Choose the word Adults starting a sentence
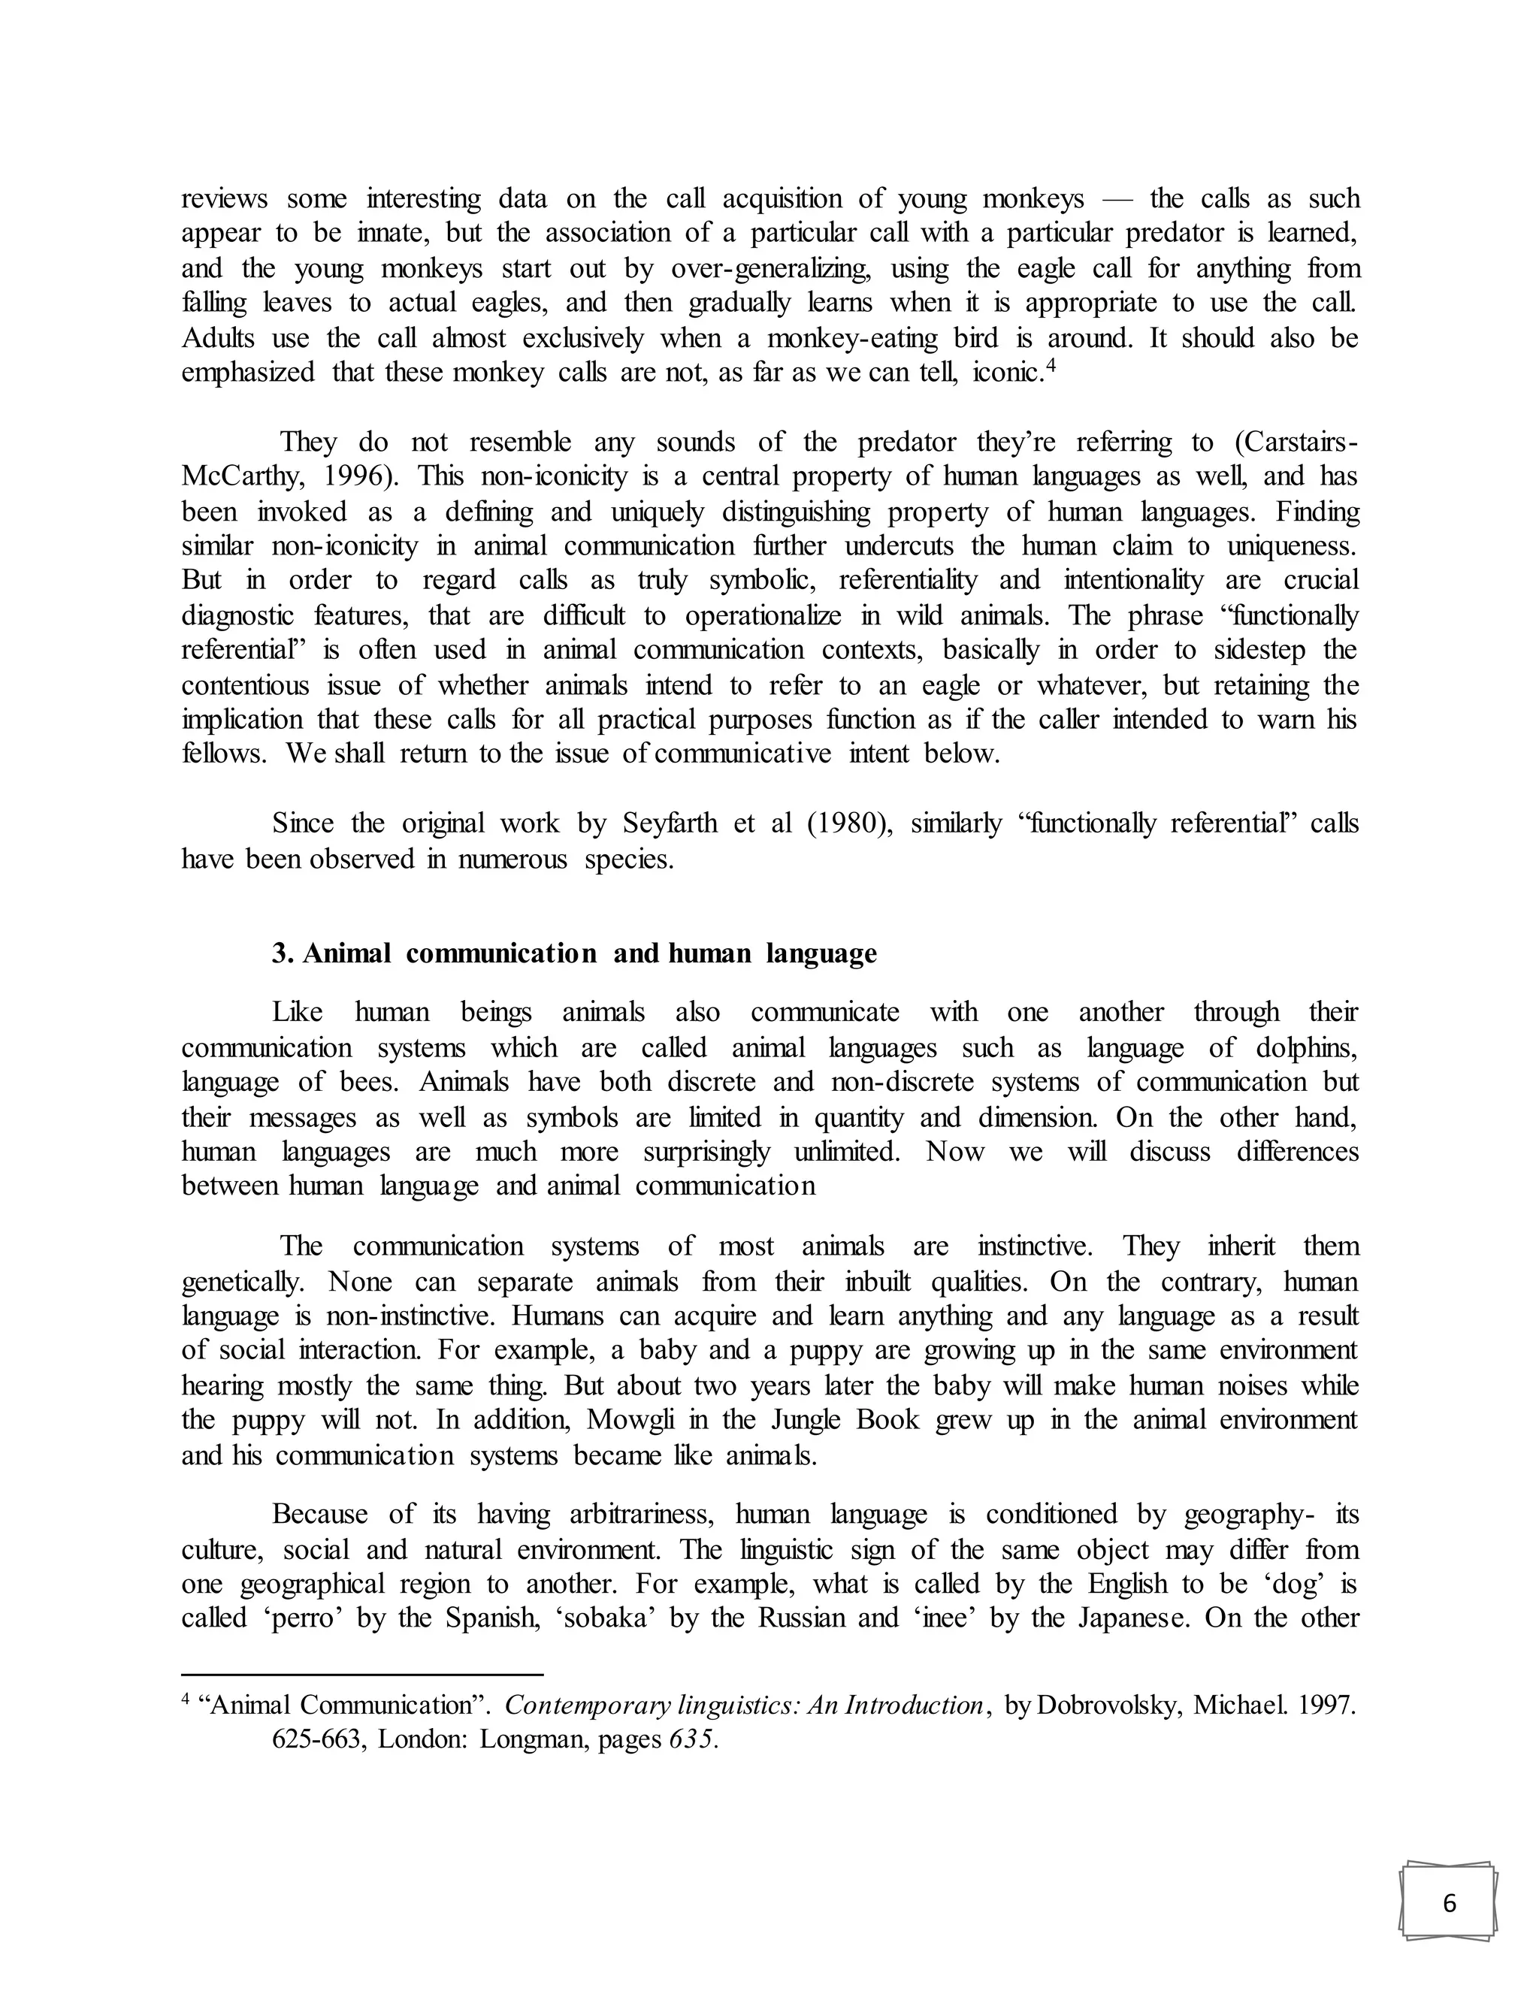click(x=219, y=338)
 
